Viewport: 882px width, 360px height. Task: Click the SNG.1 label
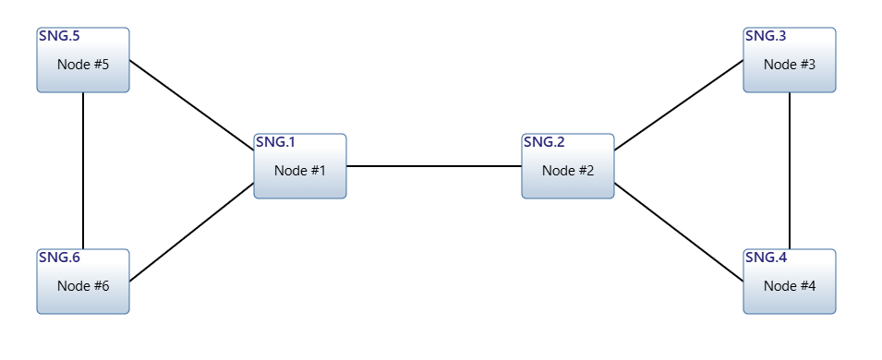click(x=275, y=142)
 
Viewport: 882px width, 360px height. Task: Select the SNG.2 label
click(x=543, y=142)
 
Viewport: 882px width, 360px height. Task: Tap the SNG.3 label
click(x=766, y=36)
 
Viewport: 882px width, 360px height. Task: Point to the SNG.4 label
click(x=766, y=258)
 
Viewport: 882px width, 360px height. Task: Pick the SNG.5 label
click(x=59, y=36)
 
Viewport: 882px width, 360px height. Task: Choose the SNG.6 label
click(x=59, y=258)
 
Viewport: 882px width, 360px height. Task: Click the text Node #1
click(x=300, y=170)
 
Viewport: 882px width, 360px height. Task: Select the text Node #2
click(x=568, y=170)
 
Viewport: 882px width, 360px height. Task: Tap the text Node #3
click(x=790, y=65)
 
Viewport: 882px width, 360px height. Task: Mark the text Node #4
click(x=790, y=286)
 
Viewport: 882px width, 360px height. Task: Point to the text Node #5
click(x=83, y=65)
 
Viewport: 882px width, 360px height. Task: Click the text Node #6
click(x=83, y=286)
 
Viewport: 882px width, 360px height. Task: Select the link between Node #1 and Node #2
click(x=434, y=166)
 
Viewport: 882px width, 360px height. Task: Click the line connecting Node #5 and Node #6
click(x=83, y=171)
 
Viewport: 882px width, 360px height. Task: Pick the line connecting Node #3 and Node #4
click(x=790, y=171)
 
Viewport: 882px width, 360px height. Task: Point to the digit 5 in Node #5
click(x=105, y=65)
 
